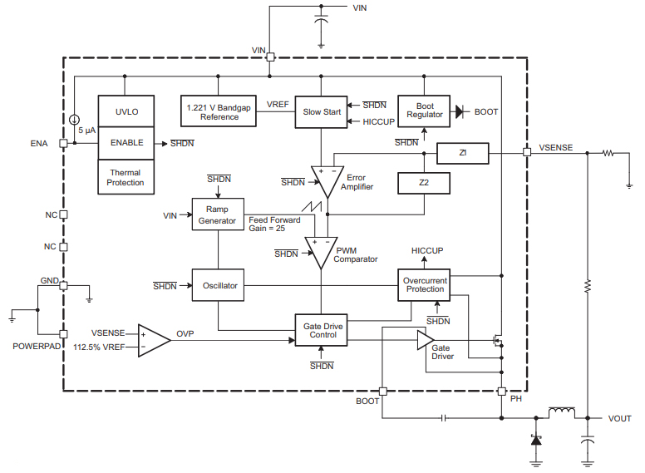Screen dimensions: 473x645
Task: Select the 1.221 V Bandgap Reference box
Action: coord(219,111)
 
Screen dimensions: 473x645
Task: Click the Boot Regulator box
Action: coord(425,111)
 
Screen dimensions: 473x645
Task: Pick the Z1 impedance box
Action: coord(462,153)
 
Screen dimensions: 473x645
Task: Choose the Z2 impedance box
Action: coord(423,182)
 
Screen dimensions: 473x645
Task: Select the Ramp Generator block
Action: coord(218,215)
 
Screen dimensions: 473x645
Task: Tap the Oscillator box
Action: coord(218,285)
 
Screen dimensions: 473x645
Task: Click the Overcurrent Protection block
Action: coord(425,285)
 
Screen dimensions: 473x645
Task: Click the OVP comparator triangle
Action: coord(152,339)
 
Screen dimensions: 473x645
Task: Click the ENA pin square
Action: coord(63,143)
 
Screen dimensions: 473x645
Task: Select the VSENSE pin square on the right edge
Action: coord(526,153)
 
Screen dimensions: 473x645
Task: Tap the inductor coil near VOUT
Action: coord(562,412)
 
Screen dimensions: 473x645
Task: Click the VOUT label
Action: coord(620,418)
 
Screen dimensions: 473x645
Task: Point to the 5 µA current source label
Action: coord(87,131)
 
